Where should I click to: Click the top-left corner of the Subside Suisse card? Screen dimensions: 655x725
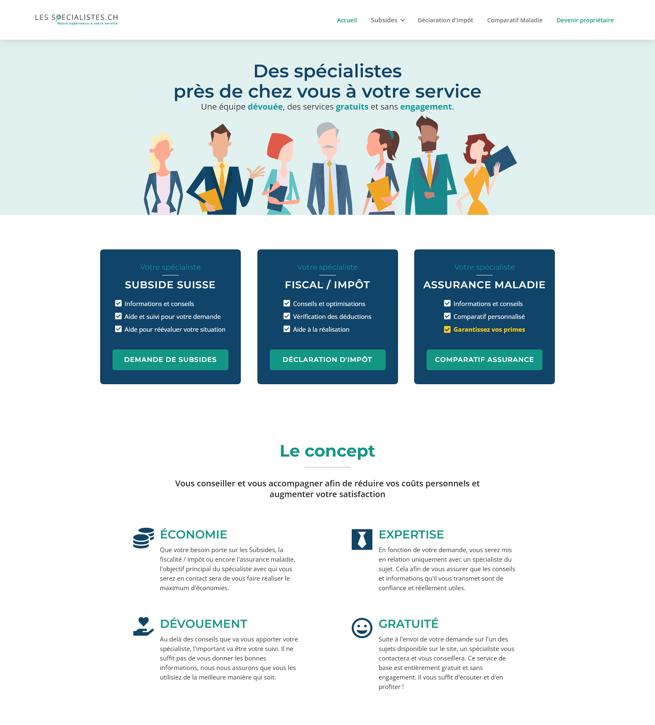[100, 249]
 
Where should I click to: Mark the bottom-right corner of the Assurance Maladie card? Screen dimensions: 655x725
[555, 384]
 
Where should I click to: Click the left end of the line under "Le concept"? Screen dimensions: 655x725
[305, 467]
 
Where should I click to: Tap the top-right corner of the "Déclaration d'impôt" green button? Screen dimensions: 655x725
[386, 349]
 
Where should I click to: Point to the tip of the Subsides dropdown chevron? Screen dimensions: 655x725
[403, 22]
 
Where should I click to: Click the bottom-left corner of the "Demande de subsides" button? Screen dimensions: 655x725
[113, 370]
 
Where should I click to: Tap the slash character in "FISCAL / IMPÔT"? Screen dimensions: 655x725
[329, 285]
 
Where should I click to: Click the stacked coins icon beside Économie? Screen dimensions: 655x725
[143, 538]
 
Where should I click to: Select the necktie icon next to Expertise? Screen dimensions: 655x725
[362, 539]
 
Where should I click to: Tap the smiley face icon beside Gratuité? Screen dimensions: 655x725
[362, 628]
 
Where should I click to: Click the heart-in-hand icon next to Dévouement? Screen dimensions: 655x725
[144, 627]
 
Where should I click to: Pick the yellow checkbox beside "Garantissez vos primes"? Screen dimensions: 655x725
[447, 330]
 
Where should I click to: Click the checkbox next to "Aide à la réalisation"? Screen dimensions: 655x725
[287, 329]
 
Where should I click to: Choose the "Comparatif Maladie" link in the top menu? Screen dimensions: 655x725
[515, 20]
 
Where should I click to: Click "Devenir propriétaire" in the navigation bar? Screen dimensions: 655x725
[585, 20]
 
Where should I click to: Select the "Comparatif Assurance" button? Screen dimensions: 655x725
[485, 360]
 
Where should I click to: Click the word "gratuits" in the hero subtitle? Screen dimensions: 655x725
[352, 107]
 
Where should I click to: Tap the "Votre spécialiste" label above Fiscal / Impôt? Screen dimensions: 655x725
[327, 267]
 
